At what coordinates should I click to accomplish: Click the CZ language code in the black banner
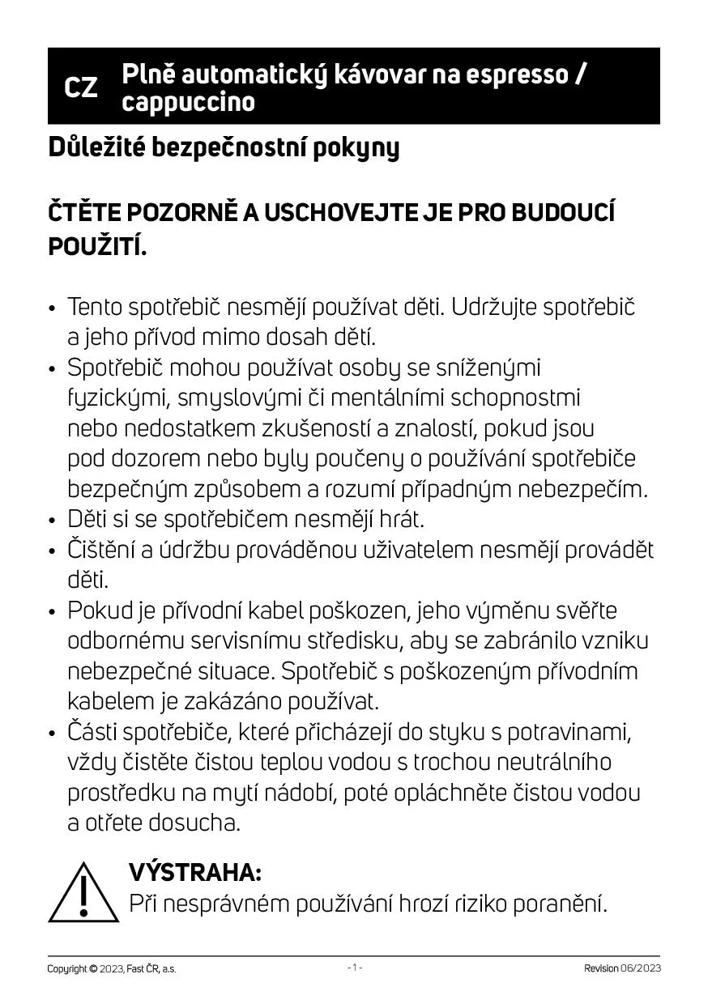point(80,87)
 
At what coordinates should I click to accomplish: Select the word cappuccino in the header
point(188,102)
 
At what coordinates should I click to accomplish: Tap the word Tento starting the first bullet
point(95,308)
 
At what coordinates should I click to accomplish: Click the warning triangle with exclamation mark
point(83,891)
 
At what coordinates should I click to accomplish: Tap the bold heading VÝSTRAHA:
point(195,872)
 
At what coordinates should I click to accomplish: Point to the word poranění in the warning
point(559,904)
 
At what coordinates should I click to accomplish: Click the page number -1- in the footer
point(354,968)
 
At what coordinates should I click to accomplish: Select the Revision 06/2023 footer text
point(621,968)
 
